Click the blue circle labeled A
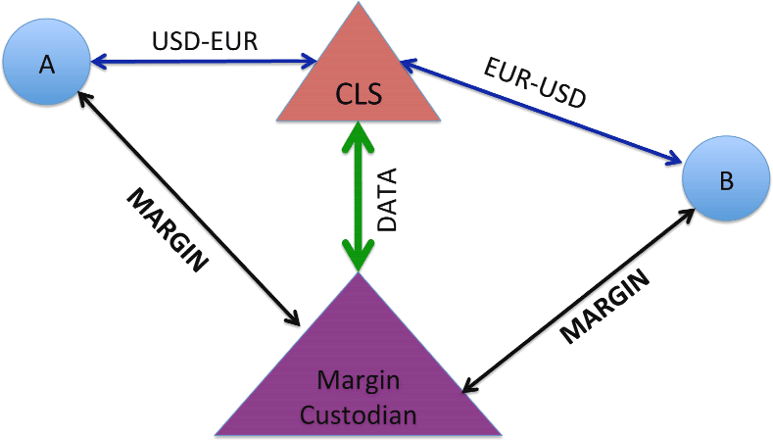tap(47, 64)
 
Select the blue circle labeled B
tap(723, 183)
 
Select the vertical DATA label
tap(387, 200)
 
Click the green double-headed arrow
tap(361, 196)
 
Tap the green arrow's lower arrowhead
tap(361, 258)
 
